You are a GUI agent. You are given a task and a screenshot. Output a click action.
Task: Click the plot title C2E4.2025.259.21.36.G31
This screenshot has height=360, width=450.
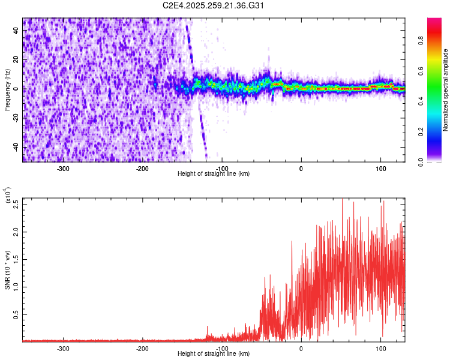tap(214, 5)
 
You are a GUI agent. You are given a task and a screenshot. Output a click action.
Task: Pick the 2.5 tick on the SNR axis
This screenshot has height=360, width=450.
tap(16, 203)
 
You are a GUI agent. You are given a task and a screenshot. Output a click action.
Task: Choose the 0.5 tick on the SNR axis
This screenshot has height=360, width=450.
tap(16, 314)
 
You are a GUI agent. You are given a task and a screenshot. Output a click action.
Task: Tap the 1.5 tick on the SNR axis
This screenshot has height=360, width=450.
tap(16, 259)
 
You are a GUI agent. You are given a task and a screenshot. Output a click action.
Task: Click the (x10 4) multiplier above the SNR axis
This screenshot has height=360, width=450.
tap(8, 196)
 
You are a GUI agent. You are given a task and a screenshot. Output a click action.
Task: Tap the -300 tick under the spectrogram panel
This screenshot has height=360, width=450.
tap(64, 169)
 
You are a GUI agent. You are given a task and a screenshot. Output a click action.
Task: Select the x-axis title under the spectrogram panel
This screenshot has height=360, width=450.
tap(214, 174)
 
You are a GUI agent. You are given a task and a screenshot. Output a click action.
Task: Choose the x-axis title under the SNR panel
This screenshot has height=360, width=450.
tap(214, 354)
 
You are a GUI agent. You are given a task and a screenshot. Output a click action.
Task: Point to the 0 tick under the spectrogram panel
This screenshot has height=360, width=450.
tap(301, 169)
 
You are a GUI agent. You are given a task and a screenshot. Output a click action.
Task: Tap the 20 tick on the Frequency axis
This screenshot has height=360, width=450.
tap(17, 59)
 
